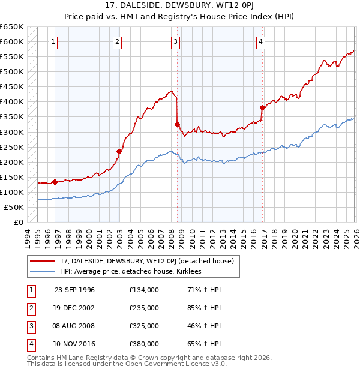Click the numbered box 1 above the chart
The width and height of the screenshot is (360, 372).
pyautogui.click(x=54, y=41)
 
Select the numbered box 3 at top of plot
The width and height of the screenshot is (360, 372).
pyautogui.click(x=175, y=41)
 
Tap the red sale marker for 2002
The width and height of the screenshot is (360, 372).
pyautogui.click(x=119, y=151)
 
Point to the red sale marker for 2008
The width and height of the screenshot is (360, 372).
pyautogui.click(x=177, y=124)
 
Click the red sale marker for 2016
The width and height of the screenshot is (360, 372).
pyautogui.click(x=262, y=108)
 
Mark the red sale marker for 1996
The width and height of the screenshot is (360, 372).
pyautogui.click(x=55, y=182)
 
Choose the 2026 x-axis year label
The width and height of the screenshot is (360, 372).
pyautogui.click(x=355, y=238)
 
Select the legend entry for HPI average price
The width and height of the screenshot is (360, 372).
pyautogui.click(x=130, y=272)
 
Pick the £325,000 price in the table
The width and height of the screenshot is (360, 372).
pyautogui.click(x=143, y=326)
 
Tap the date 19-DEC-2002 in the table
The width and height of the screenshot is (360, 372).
pyautogui.click(x=74, y=308)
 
